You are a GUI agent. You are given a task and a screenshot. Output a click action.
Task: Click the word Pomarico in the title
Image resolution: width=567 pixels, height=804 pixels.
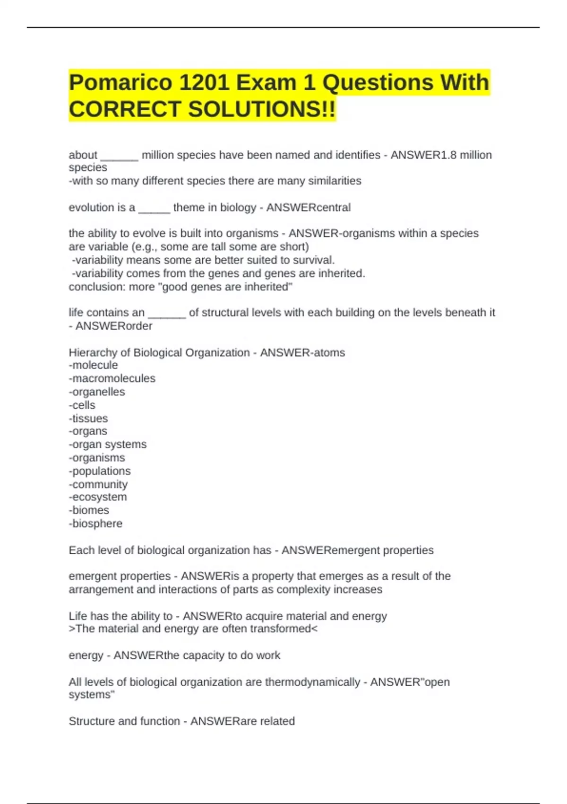point(120,83)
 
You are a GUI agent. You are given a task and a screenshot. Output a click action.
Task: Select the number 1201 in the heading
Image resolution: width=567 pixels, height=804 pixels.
point(204,83)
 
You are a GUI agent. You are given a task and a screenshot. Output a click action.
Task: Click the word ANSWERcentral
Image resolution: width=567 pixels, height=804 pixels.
point(309,208)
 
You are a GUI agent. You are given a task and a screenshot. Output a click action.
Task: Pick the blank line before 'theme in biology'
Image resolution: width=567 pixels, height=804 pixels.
point(154,209)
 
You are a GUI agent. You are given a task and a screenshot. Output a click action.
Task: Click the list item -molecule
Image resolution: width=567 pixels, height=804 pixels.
point(93,365)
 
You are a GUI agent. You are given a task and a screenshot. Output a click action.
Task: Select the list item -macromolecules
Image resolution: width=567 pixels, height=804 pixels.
point(112,378)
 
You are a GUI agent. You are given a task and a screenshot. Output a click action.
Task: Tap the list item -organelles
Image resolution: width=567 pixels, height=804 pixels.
point(97,392)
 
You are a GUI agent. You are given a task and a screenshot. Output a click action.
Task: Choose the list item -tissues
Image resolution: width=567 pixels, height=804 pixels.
point(88,419)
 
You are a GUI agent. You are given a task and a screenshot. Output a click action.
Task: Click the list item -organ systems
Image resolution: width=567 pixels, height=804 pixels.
point(108,445)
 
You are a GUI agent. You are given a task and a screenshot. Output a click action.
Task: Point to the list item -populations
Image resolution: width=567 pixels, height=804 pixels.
point(100,471)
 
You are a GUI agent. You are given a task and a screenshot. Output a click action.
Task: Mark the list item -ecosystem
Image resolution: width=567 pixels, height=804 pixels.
point(98,497)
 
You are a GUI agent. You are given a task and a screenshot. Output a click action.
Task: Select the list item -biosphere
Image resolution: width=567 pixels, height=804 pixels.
point(95,524)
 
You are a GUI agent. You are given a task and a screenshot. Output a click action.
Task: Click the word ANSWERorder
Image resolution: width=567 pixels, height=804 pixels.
point(114,326)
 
